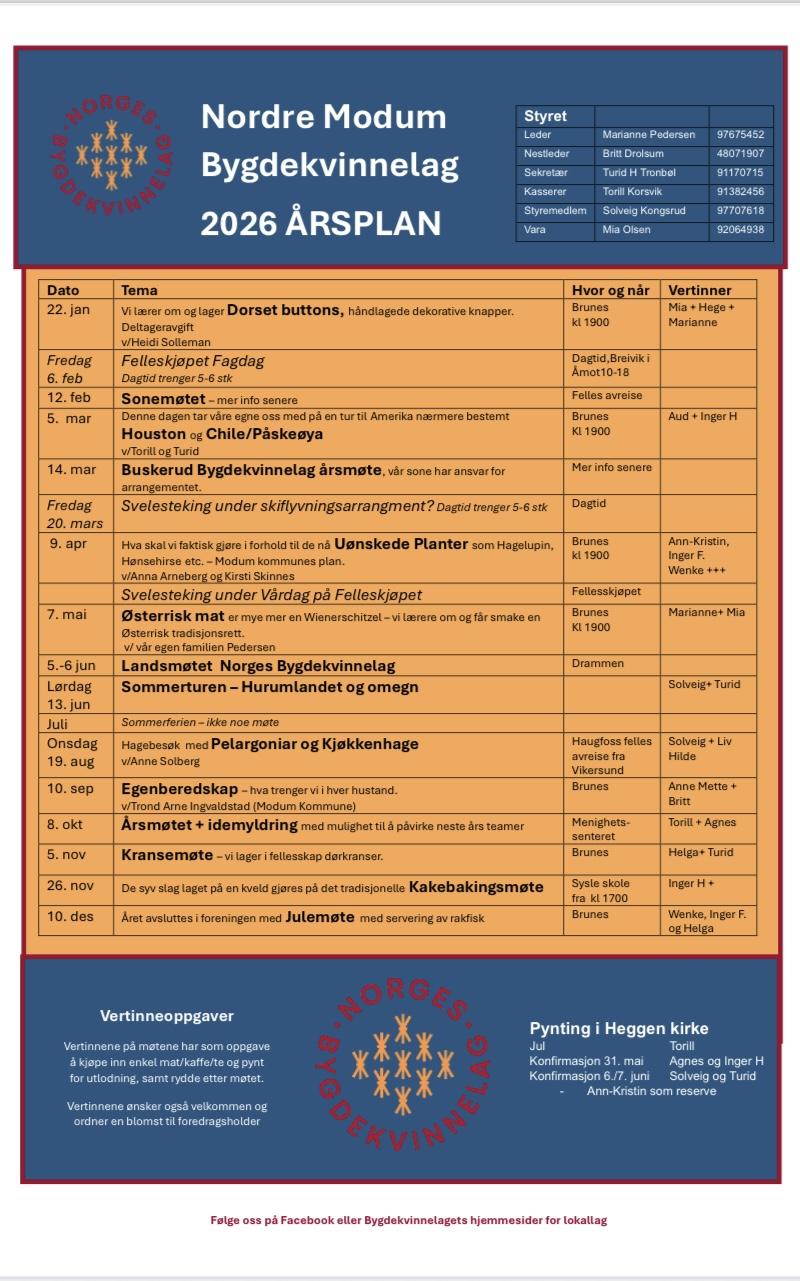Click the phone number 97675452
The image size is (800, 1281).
[740, 134]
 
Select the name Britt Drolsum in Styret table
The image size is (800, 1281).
[633, 153]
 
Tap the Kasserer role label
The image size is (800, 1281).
[545, 191]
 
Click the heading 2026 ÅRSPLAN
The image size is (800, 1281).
[321, 223]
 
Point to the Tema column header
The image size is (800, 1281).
[139, 290]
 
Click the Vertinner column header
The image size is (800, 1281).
[700, 290]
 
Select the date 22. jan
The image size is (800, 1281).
[68, 309]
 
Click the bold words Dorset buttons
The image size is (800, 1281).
[285, 310]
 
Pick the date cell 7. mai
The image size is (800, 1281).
[67, 613]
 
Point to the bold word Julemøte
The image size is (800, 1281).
[320, 916]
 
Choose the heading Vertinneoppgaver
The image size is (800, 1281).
[167, 1016]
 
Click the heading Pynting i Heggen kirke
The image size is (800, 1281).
[619, 1028]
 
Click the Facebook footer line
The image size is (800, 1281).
[409, 1220]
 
